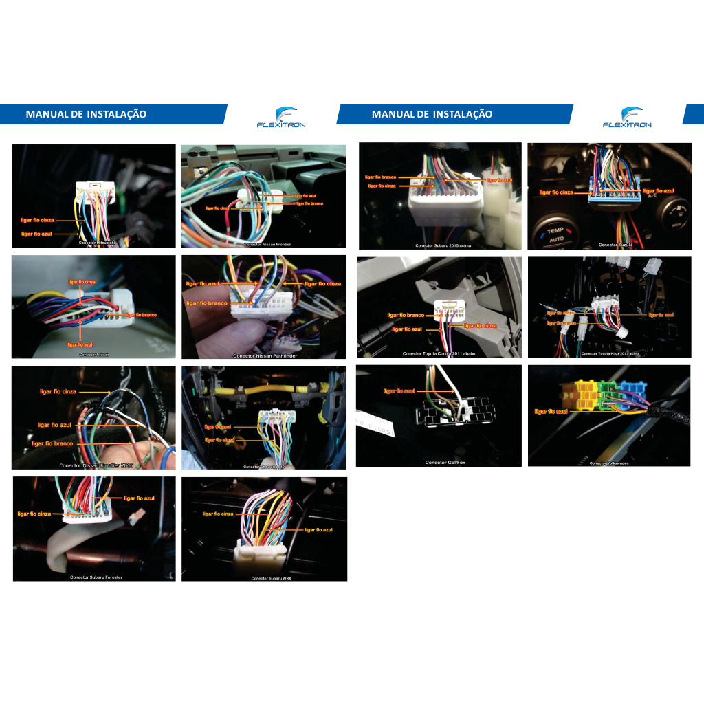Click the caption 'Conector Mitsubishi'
[97, 243]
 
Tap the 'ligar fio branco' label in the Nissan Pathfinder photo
[207, 302]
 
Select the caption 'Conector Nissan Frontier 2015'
[96, 465]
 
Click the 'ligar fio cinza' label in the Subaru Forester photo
[34, 514]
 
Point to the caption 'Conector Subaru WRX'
[272, 579]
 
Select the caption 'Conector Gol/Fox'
[445, 463]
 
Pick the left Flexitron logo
[280, 118]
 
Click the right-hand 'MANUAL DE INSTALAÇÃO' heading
[432, 114]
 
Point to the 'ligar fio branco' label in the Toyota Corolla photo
[406, 315]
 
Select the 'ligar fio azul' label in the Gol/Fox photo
[399, 390]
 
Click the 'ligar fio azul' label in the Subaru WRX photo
[318, 530]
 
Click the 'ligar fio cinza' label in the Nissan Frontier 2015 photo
[58, 391]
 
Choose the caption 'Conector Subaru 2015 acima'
[443, 245]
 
